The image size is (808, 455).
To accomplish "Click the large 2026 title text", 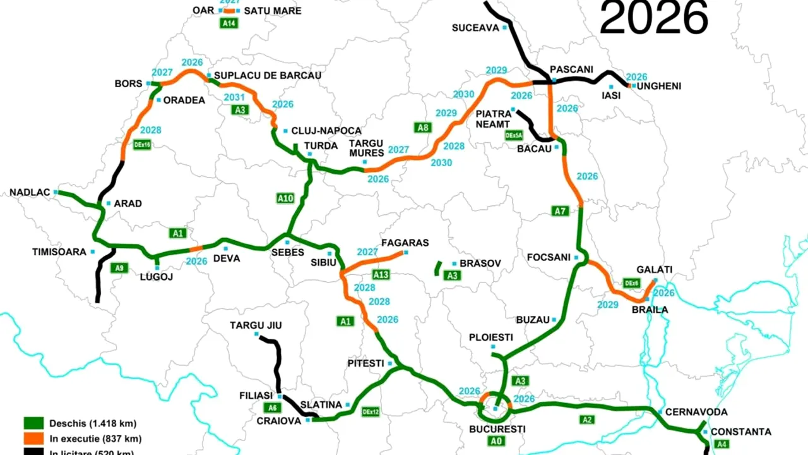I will click(653, 18).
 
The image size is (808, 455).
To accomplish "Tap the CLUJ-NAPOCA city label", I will click(326, 131).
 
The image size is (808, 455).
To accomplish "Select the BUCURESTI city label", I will click(497, 429).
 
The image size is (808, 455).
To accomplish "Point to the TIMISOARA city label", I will click(59, 252).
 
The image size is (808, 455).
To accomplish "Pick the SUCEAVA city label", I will click(475, 27).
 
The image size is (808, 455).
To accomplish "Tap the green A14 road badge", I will click(229, 23).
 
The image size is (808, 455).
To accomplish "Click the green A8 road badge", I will click(423, 127).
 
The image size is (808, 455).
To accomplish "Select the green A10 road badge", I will click(285, 198).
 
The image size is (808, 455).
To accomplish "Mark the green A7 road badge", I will click(560, 211).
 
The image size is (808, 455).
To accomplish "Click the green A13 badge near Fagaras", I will click(381, 274).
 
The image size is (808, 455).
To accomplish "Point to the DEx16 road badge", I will click(143, 144).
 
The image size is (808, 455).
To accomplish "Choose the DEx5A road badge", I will click(514, 135).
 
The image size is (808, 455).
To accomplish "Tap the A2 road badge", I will click(587, 419).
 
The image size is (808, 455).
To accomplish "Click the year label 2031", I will click(234, 97).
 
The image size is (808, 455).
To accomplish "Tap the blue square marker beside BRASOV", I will click(454, 264).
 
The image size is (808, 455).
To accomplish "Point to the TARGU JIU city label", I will click(256, 325).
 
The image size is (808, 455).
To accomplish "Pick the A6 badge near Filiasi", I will click(272, 407).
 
